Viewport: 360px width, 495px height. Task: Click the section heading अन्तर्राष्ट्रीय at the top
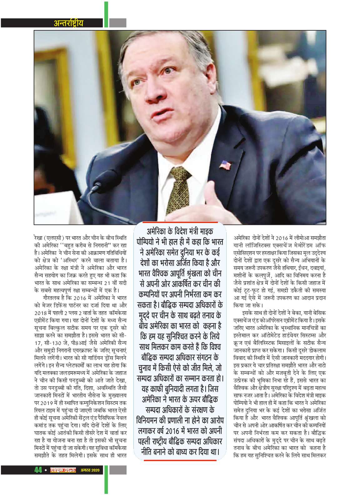point(68,23)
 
